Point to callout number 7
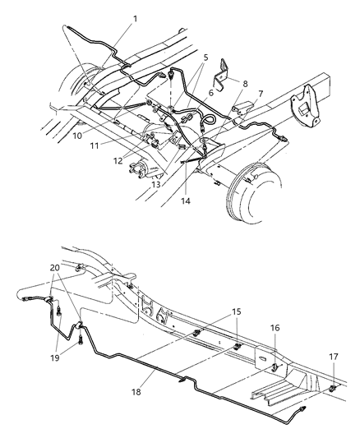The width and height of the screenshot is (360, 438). point(260,94)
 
